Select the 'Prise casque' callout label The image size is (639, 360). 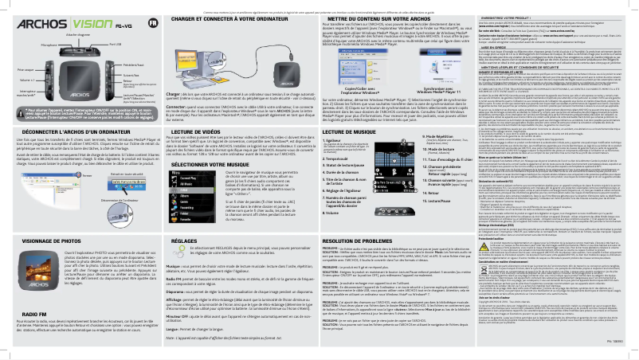pos(25,70)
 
